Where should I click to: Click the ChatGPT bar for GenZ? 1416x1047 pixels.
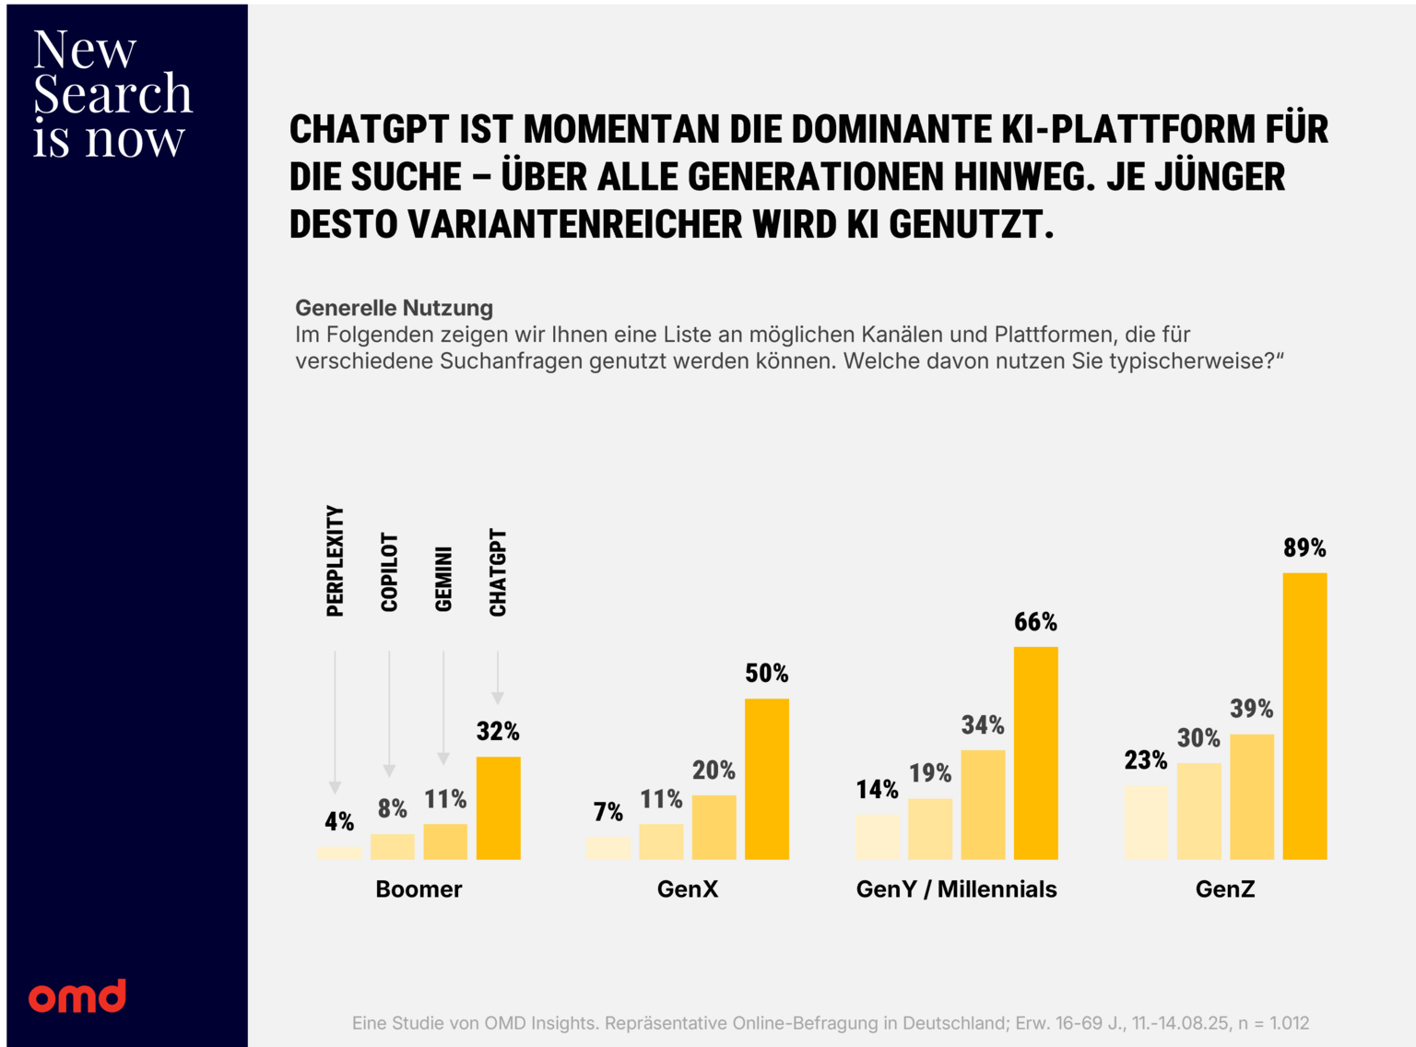1304,716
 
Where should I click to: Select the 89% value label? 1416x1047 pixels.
1304,547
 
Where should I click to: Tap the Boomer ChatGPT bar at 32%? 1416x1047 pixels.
498,808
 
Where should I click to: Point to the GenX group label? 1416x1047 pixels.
688,889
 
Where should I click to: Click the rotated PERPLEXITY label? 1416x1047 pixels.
335,561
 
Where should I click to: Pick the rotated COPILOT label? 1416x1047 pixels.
389,572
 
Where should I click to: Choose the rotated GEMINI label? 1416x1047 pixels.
443,579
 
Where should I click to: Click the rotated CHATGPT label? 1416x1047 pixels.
498,572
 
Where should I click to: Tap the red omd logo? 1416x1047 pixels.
77,996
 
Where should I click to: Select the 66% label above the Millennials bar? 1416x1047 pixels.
1035,622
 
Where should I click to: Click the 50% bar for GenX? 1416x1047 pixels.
767,779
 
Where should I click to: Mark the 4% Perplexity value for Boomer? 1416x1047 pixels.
339,821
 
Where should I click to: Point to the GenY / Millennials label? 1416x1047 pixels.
956,889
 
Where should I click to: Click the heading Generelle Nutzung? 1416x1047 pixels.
394,308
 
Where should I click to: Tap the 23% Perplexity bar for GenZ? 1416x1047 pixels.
1146,822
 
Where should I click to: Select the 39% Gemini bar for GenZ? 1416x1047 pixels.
1252,797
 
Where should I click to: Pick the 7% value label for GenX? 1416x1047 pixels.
608,812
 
